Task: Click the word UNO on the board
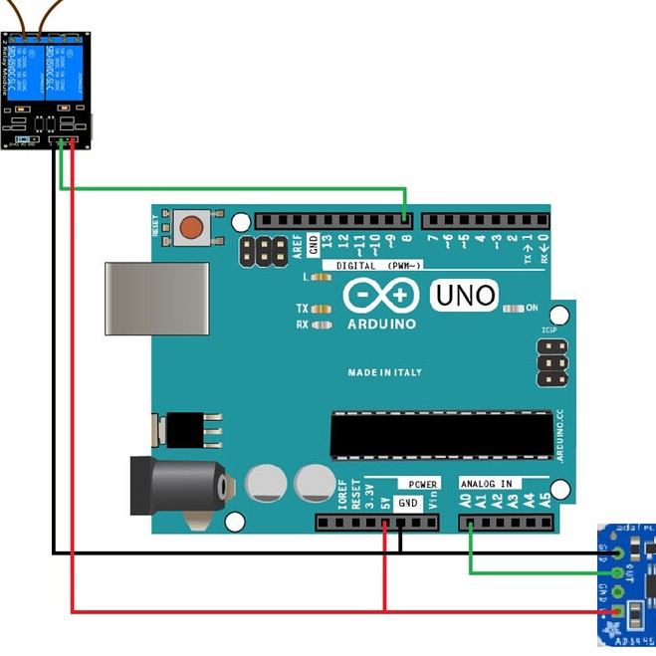[x=463, y=295]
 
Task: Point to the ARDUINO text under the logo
[x=381, y=325]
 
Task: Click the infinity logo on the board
[x=380, y=296]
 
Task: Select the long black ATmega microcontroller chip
[x=441, y=435]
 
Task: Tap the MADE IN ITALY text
[x=384, y=372]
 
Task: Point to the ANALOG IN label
[x=486, y=484]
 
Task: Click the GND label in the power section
[x=408, y=503]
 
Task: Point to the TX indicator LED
[x=321, y=309]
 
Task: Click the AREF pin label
[x=297, y=246]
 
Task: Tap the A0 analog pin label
[x=466, y=500]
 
